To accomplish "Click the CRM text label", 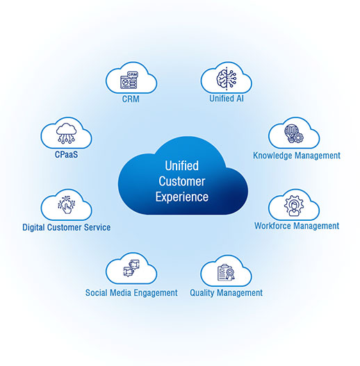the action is [x=131, y=99].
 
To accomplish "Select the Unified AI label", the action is [x=227, y=99].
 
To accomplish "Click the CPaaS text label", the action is [x=66, y=154].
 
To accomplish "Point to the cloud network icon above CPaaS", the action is [x=66, y=133].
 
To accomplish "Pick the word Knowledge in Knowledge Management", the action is [x=273, y=156].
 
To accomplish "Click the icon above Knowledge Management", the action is [x=294, y=134].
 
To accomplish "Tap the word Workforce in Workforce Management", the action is [x=273, y=226].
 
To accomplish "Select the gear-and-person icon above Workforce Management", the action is [x=294, y=206].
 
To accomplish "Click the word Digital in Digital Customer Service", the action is [x=33, y=228].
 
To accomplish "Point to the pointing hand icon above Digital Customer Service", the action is [x=66, y=205].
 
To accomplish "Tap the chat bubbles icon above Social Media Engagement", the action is [x=131, y=269].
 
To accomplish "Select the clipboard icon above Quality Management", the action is [x=226, y=273].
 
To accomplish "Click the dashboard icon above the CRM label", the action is [x=129, y=81].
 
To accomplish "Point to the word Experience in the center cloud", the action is [x=182, y=197].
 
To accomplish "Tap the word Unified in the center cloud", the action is [x=182, y=166].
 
